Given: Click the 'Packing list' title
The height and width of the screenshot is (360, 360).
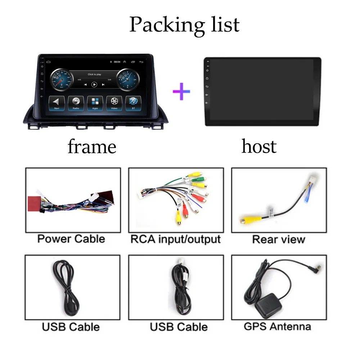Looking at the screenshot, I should [x=184, y=24].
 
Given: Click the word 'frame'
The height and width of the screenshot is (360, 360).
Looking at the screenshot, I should [x=92, y=147].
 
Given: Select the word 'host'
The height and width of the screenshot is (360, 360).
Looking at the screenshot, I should [x=259, y=147].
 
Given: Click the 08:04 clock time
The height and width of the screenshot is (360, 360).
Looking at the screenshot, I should [x=117, y=62].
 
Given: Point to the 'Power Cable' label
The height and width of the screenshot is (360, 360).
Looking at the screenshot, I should [x=71, y=239].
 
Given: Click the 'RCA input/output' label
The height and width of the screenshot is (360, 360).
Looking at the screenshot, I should [x=176, y=239].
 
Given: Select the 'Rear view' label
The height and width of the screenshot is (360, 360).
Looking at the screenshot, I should [x=279, y=239].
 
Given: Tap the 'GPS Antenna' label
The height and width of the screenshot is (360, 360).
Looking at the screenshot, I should [x=277, y=327].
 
